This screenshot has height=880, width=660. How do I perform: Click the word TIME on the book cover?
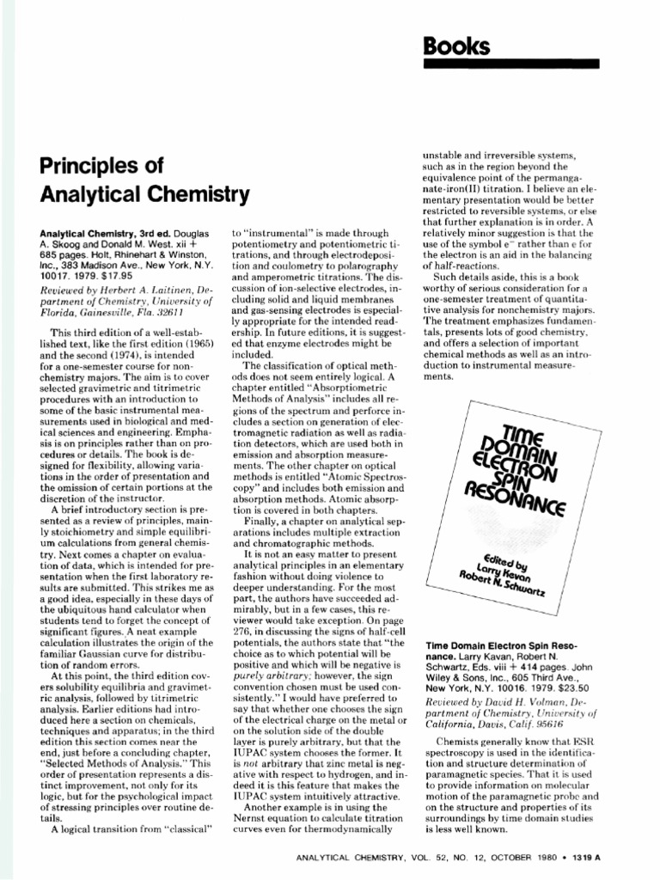pyautogui.click(x=516, y=412)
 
